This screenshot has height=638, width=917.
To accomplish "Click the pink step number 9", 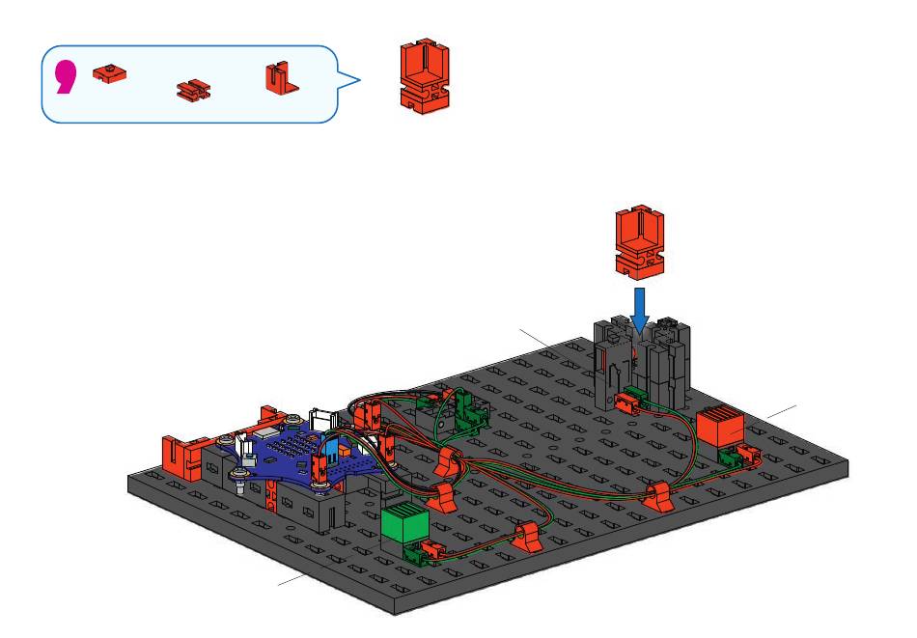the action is click(x=66, y=78).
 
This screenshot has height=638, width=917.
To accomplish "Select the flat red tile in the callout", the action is click(x=109, y=74).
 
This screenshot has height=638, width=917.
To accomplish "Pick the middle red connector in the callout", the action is click(x=194, y=90).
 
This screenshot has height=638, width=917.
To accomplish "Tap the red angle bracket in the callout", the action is click(x=281, y=78).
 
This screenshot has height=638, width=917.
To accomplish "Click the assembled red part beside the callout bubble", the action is click(x=425, y=76).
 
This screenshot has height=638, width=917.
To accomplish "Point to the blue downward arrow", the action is click(x=640, y=310).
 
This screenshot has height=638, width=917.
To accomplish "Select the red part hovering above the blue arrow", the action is click(x=640, y=242).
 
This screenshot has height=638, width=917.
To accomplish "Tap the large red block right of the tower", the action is click(x=720, y=427).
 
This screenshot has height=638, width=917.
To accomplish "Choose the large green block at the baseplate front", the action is click(x=404, y=523).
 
